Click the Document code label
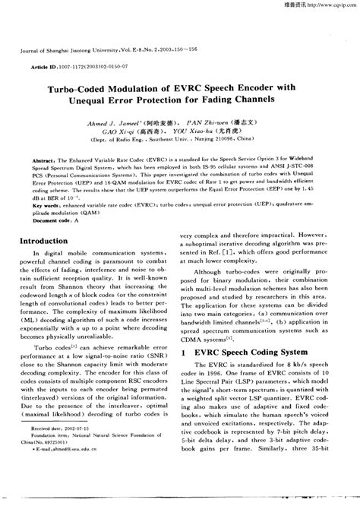58,220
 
